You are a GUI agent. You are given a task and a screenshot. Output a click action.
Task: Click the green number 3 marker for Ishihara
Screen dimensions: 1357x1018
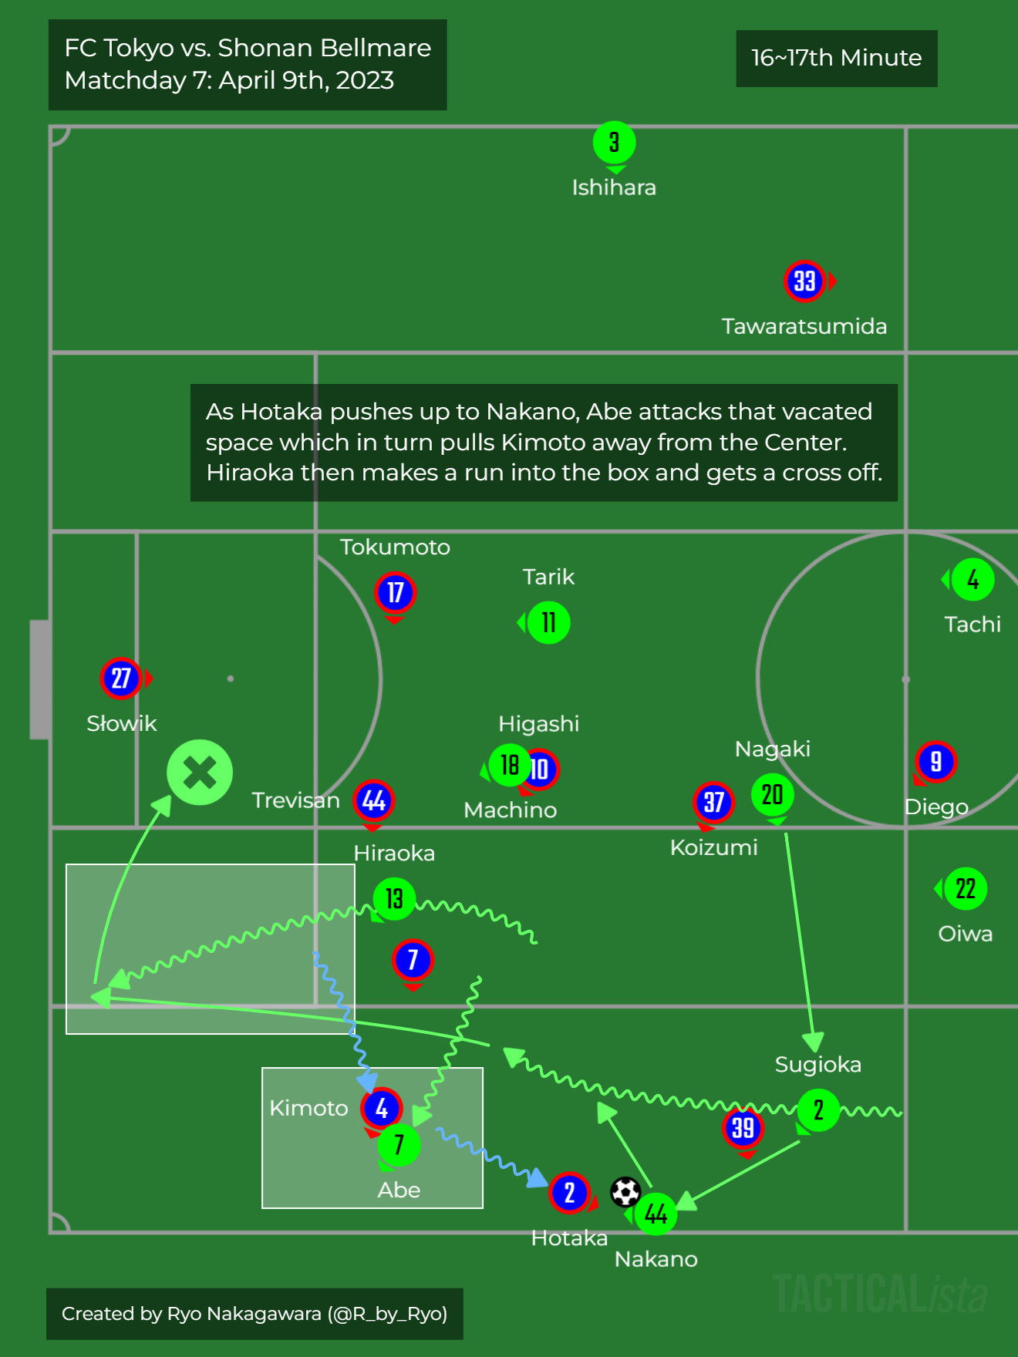(x=614, y=143)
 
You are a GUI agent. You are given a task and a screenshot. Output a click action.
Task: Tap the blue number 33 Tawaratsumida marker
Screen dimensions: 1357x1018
(x=804, y=281)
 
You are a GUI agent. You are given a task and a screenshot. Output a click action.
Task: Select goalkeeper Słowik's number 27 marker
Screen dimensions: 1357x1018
(x=121, y=678)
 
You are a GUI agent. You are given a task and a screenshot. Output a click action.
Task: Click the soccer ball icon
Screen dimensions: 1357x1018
(x=625, y=1192)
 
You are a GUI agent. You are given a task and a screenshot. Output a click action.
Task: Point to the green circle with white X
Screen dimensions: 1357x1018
(x=200, y=773)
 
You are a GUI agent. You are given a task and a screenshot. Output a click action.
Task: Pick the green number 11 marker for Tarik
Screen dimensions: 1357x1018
(x=548, y=623)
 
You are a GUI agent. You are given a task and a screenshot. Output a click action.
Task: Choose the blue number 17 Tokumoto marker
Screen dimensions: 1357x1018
(x=395, y=593)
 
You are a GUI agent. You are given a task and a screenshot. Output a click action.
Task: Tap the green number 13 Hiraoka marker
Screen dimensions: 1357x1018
(x=394, y=899)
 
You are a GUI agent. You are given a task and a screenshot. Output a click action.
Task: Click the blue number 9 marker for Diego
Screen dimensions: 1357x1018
(x=935, y=762)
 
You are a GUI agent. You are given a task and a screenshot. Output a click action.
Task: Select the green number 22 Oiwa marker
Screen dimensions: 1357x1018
(x=966, y=889)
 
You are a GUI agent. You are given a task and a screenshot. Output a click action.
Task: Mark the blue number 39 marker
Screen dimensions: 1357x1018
(x=743, y=1128)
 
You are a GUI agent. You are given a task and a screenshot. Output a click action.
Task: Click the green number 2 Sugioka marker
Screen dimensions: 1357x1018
(x=818, y=1110)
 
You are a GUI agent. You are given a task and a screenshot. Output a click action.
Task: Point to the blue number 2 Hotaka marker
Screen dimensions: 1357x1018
(x=569, y=1193)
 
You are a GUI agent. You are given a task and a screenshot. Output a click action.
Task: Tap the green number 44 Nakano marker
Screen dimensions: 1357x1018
(x=656, y=1214)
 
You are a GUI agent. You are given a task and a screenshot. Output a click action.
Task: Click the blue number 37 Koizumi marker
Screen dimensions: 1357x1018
(x=713, y=803)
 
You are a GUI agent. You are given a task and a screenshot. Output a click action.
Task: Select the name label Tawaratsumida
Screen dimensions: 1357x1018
(x=804, y=326)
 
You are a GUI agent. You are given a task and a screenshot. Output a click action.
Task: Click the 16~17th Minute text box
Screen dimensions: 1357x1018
(x=837, y=59)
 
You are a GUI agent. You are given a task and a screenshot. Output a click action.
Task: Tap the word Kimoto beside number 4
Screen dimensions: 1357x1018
(x=308, y=1108)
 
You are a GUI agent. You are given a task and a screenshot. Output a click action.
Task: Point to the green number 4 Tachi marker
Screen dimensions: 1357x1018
(x=972, y=580)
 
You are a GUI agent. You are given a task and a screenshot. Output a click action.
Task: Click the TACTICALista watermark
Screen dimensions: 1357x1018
(x=879, y=1294)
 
